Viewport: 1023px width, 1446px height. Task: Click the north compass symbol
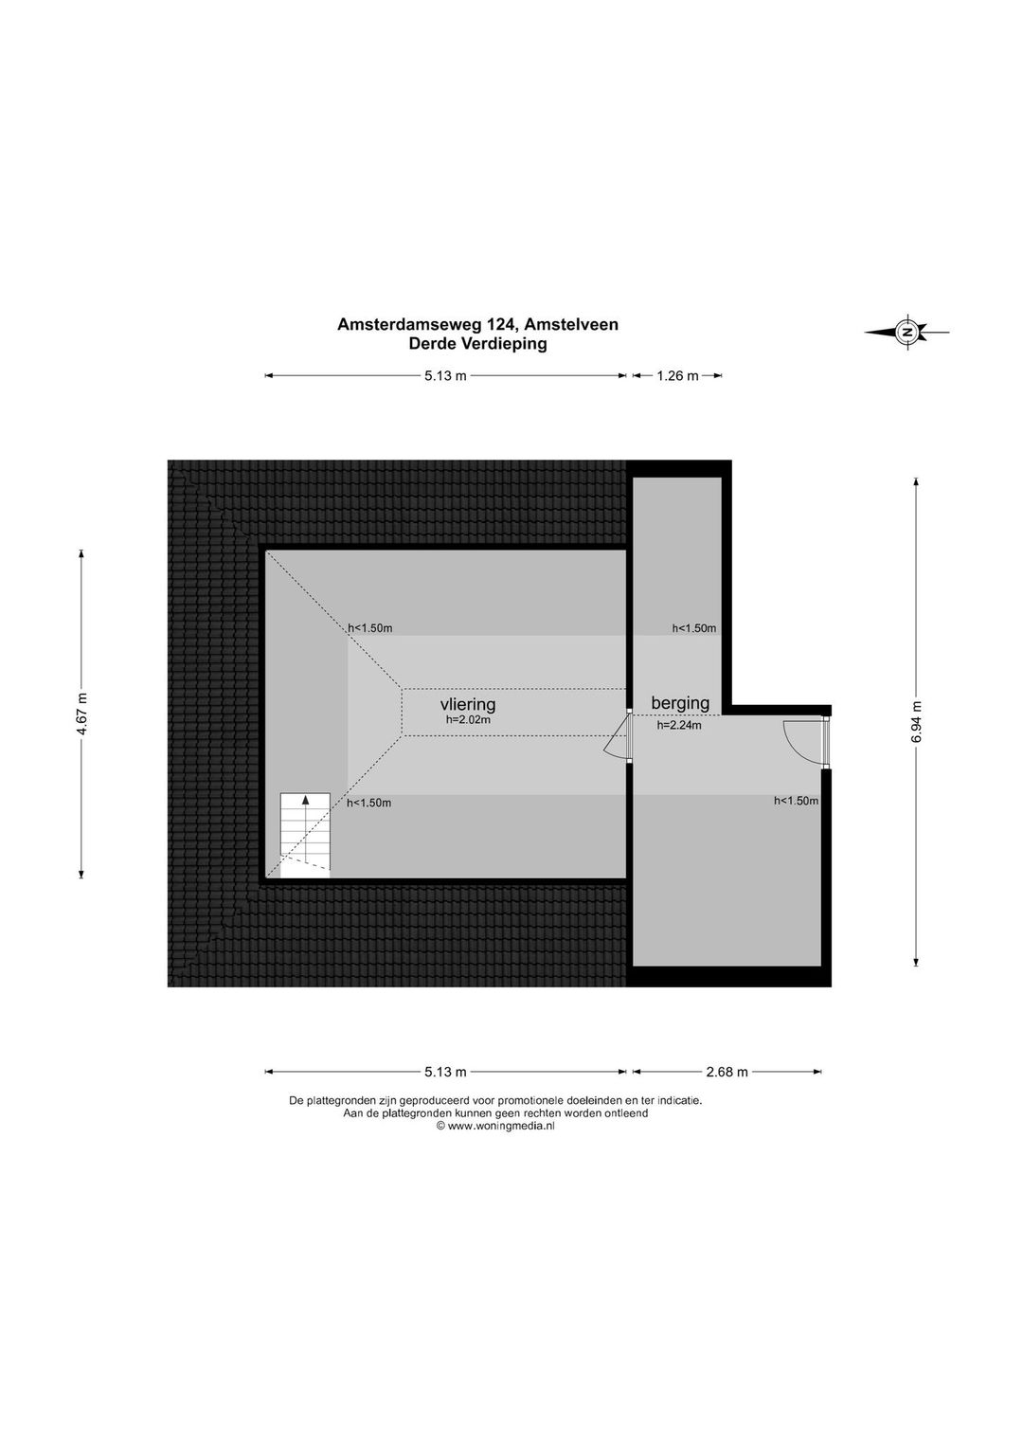point(907,333)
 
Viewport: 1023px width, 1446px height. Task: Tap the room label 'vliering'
point(467,704)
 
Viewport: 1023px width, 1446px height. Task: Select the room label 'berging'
point(680,703)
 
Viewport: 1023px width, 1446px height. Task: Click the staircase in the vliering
point(305,836)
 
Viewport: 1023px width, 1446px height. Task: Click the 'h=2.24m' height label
point(679,726)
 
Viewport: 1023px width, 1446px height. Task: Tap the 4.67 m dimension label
point(81,714)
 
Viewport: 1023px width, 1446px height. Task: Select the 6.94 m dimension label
point(917,721)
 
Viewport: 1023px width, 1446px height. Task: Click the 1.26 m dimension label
point(677,375)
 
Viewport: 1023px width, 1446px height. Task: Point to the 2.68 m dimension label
point(727,1073)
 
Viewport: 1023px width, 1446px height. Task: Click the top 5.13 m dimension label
point(445,375)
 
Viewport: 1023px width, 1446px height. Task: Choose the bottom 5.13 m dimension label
point(445,1073)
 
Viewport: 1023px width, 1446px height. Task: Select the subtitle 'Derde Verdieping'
point(477,344)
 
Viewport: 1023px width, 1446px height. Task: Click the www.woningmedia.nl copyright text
point(495,1126)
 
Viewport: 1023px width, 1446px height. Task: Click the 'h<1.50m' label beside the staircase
point(369,803)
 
